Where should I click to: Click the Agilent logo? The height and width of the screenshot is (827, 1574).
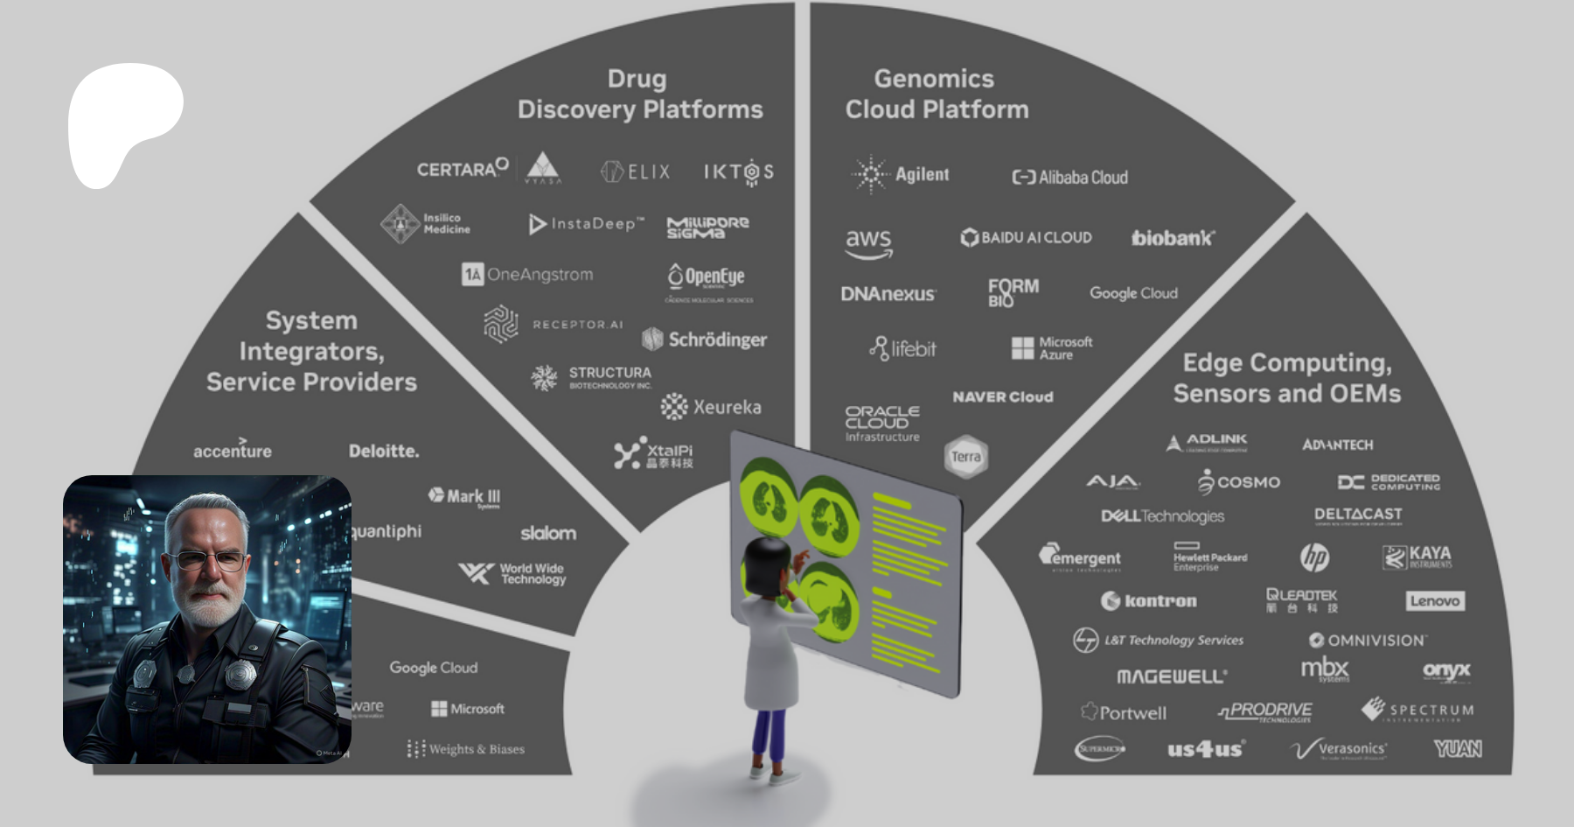coord(901,174)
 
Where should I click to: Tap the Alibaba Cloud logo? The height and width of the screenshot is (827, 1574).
coord(1069,177)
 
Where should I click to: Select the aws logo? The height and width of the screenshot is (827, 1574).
coord(868,242)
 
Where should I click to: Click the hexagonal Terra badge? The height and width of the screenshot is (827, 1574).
coord(966,456)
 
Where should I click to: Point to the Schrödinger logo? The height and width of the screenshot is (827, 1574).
coord(705,340)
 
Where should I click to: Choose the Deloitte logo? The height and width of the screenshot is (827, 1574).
coord(384,451)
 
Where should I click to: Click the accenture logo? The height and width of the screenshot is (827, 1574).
coord(233,450)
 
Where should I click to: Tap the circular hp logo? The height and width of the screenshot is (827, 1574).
coord(1314,557)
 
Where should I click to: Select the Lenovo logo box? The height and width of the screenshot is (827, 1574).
coord(1435,600)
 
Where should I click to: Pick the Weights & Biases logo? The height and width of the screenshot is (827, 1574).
coord(466,749)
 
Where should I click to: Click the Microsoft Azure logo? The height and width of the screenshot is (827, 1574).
coord(1052,348)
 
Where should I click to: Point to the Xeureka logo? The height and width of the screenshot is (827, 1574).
coord(711,407)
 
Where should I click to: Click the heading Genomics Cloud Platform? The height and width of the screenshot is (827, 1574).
coord(936,94)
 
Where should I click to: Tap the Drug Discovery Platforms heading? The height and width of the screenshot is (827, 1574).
coord(639,94)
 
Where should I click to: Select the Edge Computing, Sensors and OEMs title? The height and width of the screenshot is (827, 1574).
coord(1286,378)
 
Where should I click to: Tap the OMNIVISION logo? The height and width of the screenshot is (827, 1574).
coord(1368,641)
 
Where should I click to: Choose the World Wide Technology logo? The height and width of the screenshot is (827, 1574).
coord(513,573)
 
